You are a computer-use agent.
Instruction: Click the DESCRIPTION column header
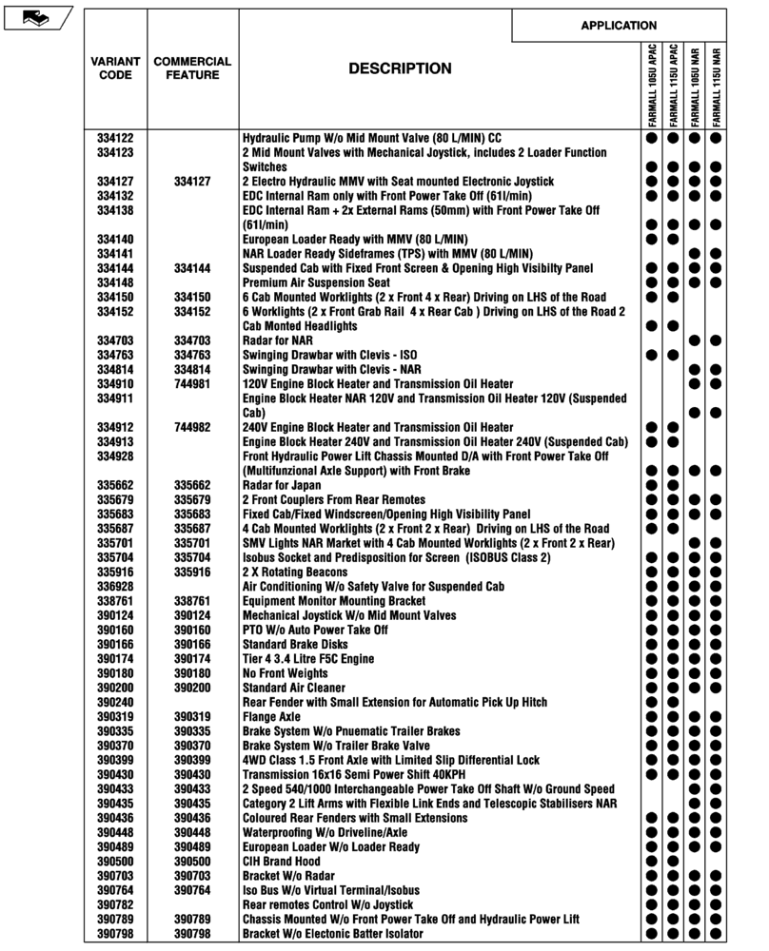tap(400, 68)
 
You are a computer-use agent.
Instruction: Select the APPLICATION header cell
tap(619, 26)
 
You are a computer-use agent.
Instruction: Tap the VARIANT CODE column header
tap(115, 68)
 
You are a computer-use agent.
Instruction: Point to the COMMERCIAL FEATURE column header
tap(192, 68)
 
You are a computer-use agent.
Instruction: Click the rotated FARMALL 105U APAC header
tap(652, 86)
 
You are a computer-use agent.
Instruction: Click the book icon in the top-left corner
tap(36, 17)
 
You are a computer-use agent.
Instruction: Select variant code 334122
tap(115, 138)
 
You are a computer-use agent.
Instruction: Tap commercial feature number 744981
tap(192, 383)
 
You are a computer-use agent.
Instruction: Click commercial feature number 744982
tap(192, 427)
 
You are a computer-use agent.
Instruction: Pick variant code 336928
tap(115, 587)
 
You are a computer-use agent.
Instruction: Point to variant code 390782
tap(115, 904)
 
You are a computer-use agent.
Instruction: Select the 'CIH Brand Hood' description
tap(282, 861)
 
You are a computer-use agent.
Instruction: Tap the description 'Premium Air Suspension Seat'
tap(316, 282)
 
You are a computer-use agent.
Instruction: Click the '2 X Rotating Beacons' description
tap(295, 573)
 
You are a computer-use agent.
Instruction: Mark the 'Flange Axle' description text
tap(271, 716)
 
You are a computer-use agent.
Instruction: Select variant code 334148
tap(115, 282)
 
